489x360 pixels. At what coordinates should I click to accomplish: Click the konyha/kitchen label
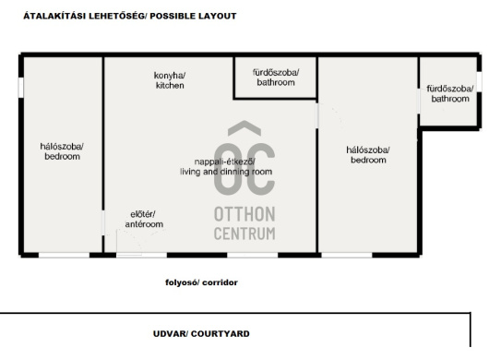coord(170,80)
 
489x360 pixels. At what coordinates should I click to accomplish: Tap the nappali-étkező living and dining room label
coord(226,166)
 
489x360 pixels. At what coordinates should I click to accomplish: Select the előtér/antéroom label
coord(144,219)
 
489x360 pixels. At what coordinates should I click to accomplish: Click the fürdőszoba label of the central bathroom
coord(276,73)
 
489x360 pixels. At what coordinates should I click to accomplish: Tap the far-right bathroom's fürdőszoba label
coord(450,89)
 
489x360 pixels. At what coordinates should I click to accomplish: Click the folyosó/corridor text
coord(201,282)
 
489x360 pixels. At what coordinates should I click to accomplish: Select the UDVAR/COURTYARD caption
coord(201,334)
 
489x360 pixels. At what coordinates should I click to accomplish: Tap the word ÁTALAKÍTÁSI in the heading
coord(54,17)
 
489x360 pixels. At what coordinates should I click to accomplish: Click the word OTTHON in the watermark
coord(244,214)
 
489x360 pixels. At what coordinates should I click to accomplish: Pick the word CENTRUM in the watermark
coord(244,234)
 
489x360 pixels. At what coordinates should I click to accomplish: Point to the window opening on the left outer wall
coord(21,88)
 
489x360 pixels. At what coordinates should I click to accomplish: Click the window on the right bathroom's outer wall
coord(479,82)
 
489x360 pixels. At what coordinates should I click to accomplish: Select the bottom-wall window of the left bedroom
coord(64,255)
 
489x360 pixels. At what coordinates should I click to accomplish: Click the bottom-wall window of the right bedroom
coord(347,255)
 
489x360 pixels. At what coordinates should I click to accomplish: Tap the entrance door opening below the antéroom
coord(141,255)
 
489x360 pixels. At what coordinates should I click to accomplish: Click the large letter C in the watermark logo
coord(260,170)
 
